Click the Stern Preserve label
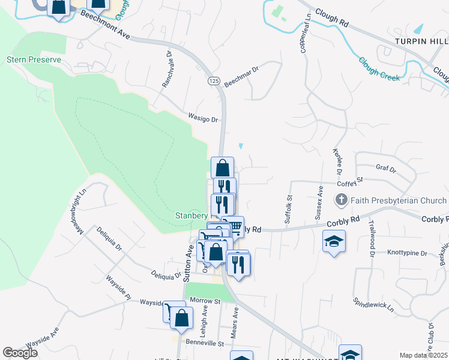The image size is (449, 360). point(25,60)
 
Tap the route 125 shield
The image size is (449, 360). point(213,80)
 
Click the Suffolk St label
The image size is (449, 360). point(288,209)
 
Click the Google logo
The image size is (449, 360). point(20,353)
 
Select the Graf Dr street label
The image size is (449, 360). point(386,170)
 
